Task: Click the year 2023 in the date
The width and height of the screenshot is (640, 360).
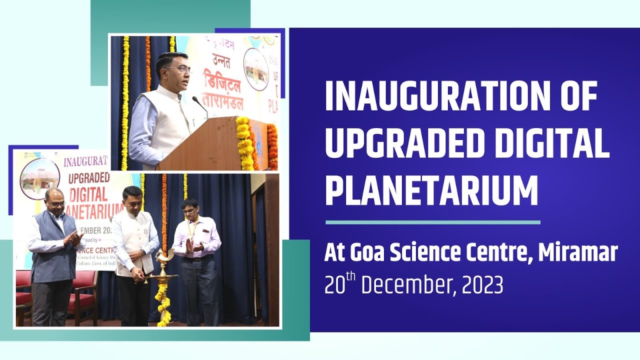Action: tap(482, 285)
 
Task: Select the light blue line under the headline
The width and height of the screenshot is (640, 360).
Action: tap(432, 222)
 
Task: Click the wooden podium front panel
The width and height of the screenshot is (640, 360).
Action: tap(200, 145)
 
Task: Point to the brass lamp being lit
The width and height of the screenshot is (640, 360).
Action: tap(161, 265)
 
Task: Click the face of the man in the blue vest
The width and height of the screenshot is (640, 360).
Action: tap(54, 203)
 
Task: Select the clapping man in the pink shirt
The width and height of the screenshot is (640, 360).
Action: tap(196, 245)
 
